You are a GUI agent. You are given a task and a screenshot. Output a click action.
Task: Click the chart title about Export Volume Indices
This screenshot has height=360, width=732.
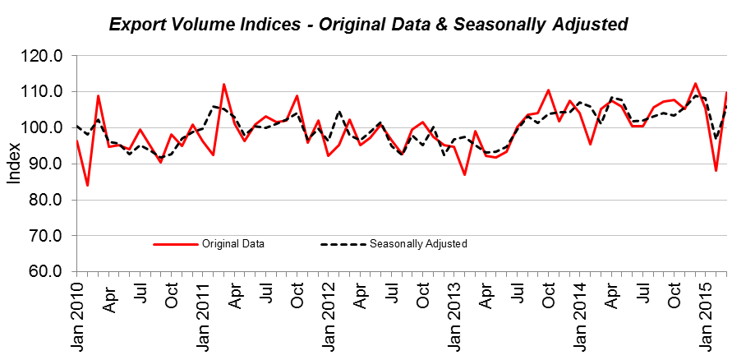368,24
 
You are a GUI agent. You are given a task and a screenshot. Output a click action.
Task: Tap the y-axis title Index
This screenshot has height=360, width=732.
14,164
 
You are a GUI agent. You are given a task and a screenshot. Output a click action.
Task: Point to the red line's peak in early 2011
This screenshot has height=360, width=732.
223,84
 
